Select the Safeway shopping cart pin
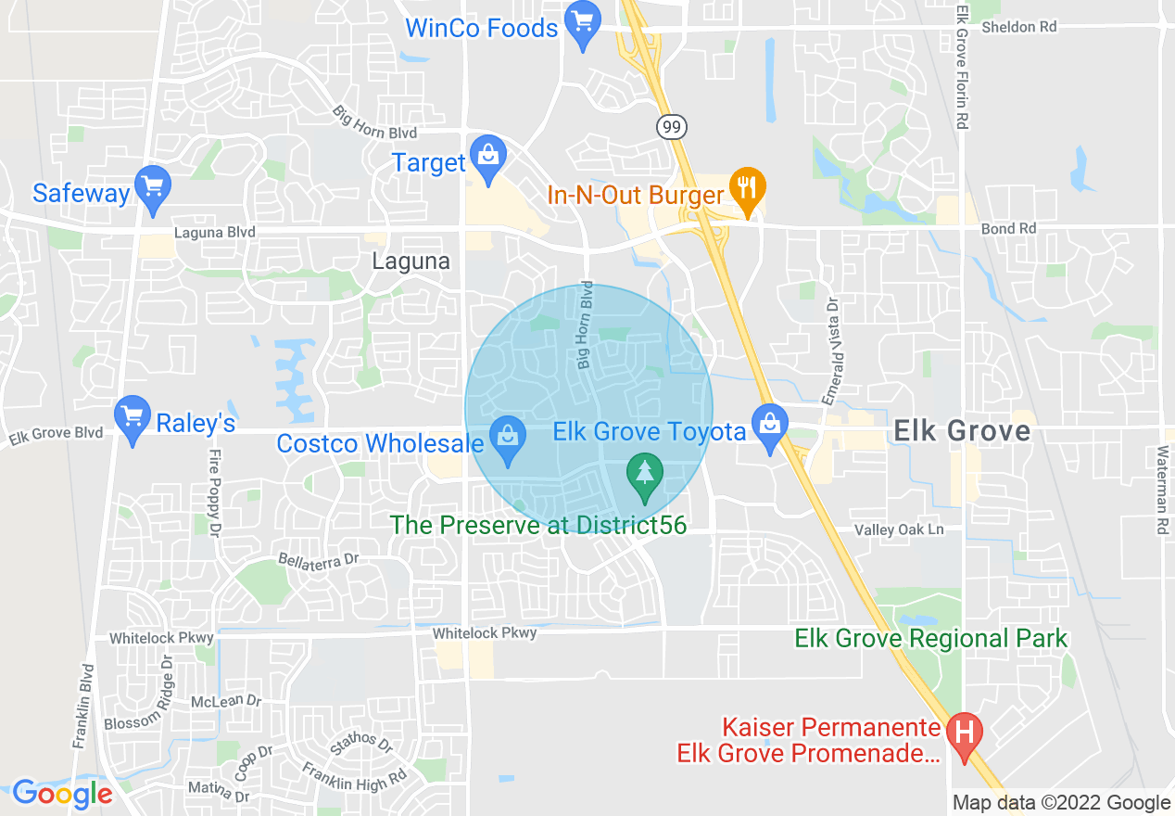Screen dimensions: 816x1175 coord(152,188)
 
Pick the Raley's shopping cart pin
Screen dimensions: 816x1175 coord(133,418)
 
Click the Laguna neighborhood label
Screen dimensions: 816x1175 coord(411,261)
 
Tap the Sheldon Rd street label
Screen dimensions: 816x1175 coord(1019,27)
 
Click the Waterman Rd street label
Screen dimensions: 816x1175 coord(1162,490)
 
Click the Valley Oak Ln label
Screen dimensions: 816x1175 coord(898,529)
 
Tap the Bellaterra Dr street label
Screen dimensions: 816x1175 coord(318,560)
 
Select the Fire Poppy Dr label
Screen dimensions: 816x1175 coord(214,493)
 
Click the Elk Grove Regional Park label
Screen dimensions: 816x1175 coord(931,638)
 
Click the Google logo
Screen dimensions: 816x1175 coord(62,794)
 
